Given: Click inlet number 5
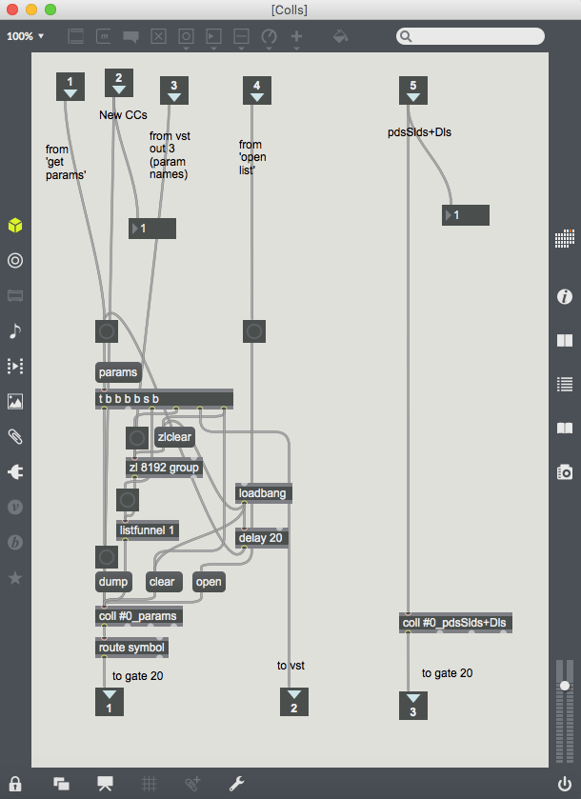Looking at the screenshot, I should pos(412,90).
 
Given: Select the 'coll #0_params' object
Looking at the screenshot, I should pos(139,616).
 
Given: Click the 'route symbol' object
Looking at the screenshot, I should pos(132,648).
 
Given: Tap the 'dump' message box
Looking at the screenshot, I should pos(111,582).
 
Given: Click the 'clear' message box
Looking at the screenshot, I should pos(163,582).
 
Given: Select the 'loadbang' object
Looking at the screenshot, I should pos(263,493).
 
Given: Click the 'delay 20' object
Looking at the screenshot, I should pos(262,538).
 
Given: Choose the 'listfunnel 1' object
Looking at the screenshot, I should pos(148,530).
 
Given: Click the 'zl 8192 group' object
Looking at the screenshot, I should pos(164,467).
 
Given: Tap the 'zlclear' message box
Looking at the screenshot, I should pos(174,437).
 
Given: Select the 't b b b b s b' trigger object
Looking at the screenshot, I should pos(164,398).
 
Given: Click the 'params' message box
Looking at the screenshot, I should pos(118,372).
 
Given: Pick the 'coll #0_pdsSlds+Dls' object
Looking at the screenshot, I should pos(456,623).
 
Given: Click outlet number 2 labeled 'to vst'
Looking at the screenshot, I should pos(294,702).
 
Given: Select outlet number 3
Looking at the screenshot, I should pos(413,706).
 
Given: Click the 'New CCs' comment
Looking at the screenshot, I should pos(125,115).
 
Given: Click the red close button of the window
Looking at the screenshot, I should pos(12,10).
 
